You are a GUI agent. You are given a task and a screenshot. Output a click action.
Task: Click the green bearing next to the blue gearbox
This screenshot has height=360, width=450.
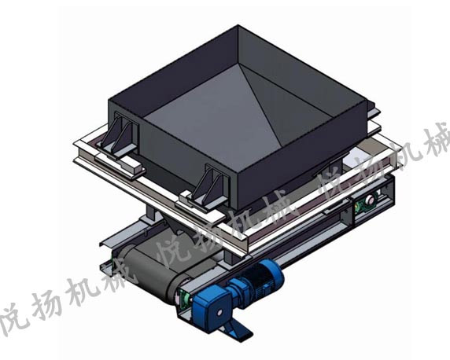183,298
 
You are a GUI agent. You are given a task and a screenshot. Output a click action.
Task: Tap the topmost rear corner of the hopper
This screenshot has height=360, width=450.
237,28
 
